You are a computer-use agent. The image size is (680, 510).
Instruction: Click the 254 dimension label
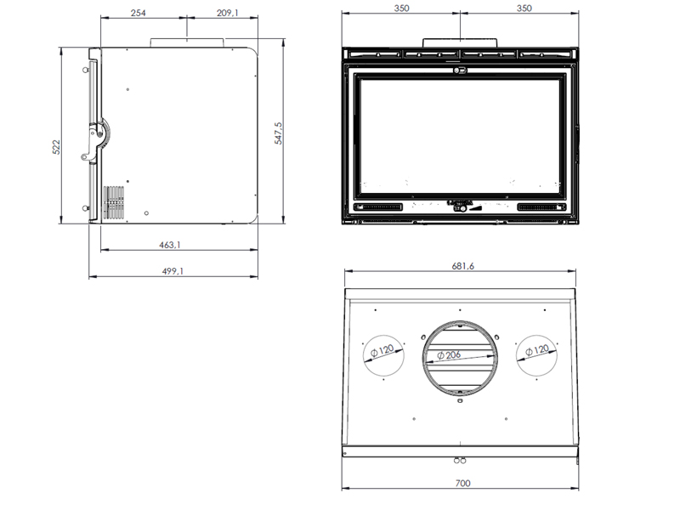138,13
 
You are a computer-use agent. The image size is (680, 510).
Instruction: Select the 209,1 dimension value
228,13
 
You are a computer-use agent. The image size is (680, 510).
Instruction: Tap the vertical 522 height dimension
56,147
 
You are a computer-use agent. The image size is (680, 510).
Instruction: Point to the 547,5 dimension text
278,133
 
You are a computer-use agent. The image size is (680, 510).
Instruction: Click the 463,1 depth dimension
169,245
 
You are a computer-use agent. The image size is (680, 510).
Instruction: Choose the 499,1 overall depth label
173,271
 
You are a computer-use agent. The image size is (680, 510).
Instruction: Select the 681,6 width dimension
462,266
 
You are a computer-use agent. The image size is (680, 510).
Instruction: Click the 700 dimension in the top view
462,483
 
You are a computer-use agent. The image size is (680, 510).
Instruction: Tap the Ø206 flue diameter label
449,355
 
